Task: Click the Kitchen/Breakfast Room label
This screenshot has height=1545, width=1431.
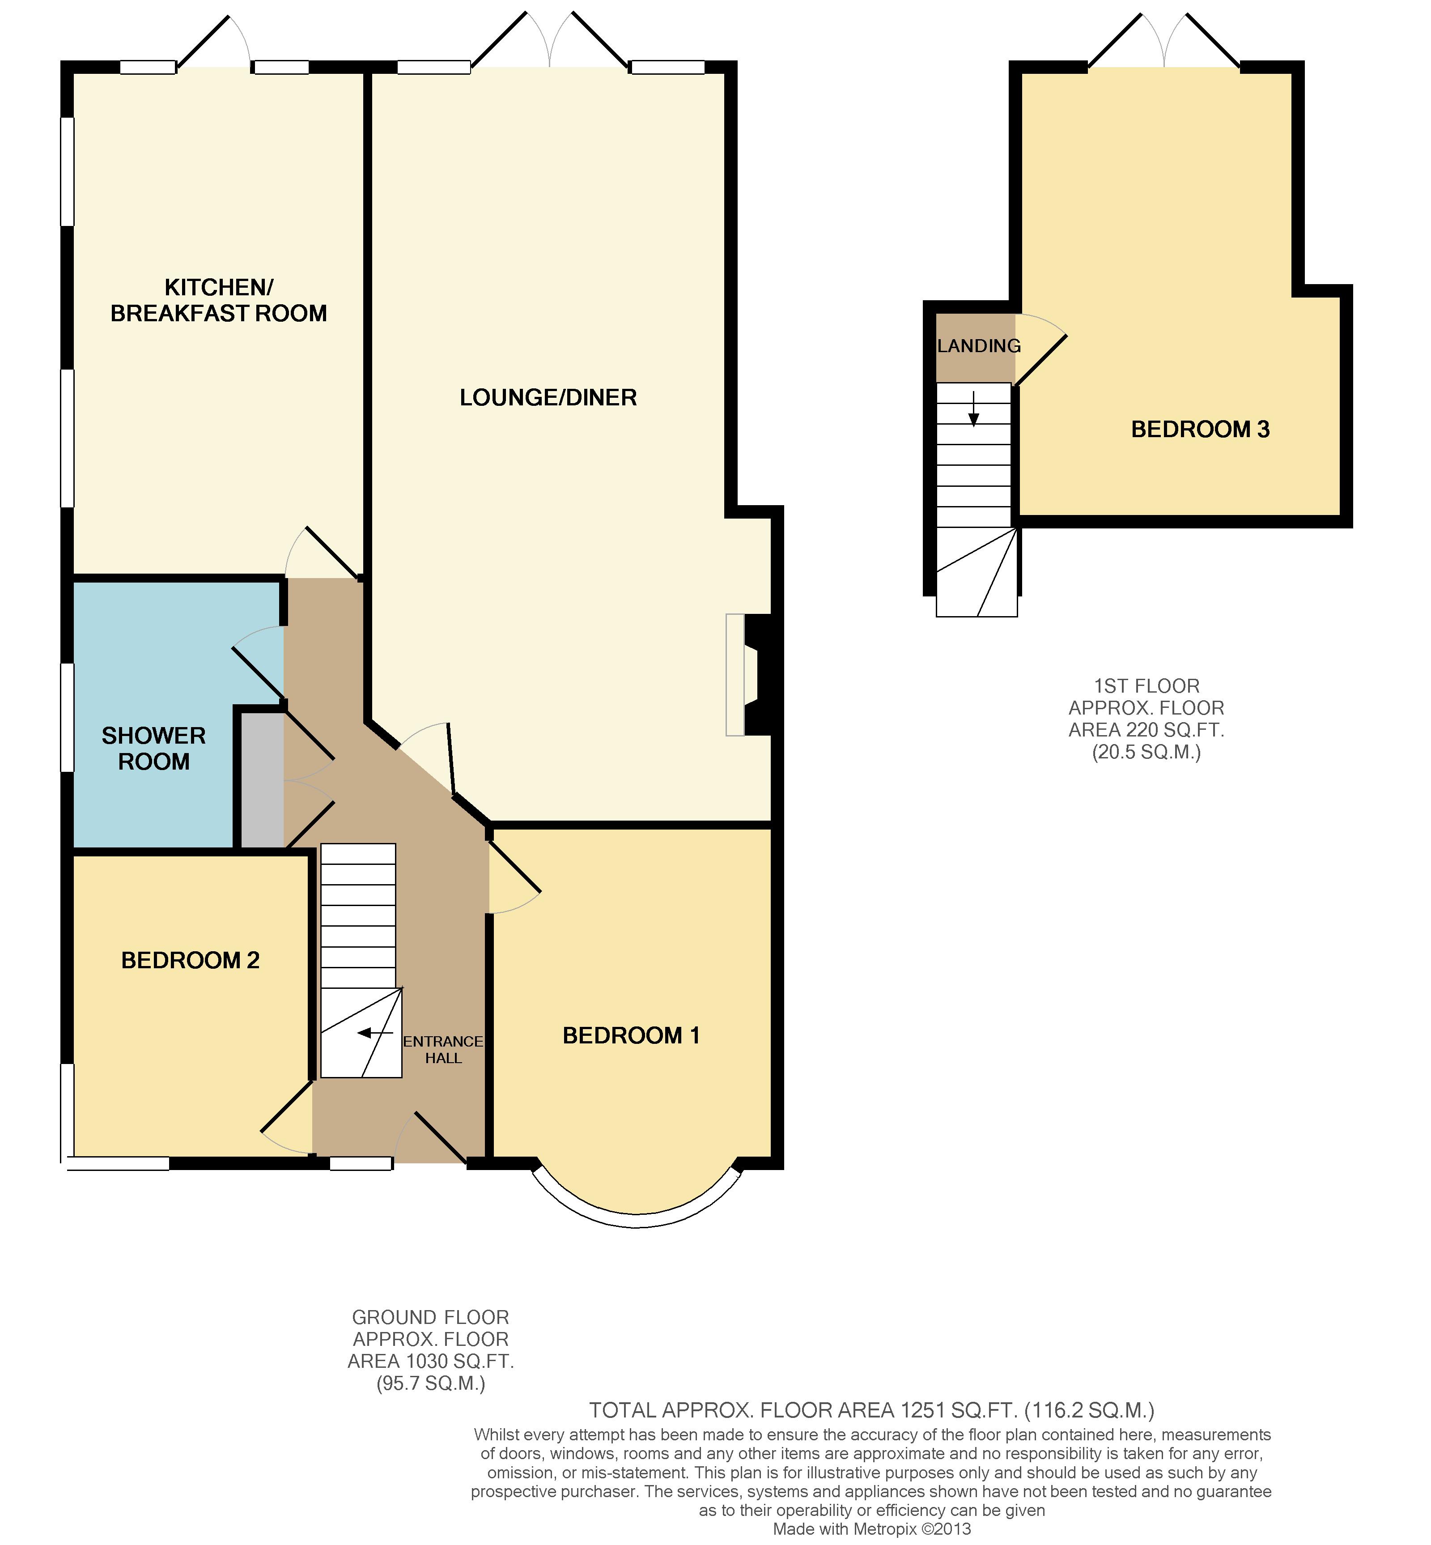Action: tap(219, 301)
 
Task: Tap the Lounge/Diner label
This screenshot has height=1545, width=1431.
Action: tap(548, 397)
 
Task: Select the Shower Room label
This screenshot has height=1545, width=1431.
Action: tap(154, 748)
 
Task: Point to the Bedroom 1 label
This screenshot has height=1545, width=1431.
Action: tap(631, 1035)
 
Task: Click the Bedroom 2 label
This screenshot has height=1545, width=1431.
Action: tap(191, 960)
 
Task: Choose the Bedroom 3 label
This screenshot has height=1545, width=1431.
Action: tap(1200, 429)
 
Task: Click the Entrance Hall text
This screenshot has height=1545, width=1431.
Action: tap(443, 1049)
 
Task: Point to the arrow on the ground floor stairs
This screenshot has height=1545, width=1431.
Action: tap(376, 1032)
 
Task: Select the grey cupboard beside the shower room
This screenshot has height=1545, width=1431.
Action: tap(263, 779)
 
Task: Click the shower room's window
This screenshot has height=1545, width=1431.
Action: tap(68, 717)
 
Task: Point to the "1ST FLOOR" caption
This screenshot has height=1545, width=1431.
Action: tap(1147, 686)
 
